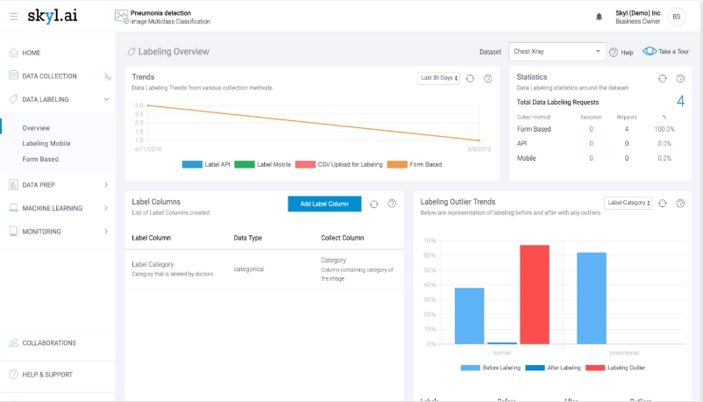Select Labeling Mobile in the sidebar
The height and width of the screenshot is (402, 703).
pyautogui.click(x=46, y=143)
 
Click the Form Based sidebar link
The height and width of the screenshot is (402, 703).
pyautogui.click(x=40, y=159)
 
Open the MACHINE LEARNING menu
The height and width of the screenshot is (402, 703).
pyautogui.click(x=53, y=208)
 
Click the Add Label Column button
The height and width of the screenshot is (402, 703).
pyautogui.click(x=323, y=204)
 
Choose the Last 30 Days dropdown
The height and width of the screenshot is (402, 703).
pyautogui.click(x=437, y=78)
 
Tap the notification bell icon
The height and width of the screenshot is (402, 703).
pyautogui.click(x=600, y=17)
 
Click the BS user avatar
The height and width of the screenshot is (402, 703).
pyautogui.click(x=677, y=17)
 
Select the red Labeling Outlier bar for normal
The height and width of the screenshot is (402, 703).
pyautogui.click(x=534, y=294)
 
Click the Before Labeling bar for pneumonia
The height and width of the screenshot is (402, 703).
pyautogui.click(x=592, y=298)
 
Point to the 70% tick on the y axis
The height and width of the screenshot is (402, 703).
pyautogui.click(x=430, y=240)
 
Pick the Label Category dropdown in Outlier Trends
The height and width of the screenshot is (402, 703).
pyautogui.click(x=628, y=203)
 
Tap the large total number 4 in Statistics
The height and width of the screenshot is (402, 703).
pyautogui.click(x=680, y=102)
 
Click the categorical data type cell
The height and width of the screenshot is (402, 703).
pyautogui.click(x=248, y=269)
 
